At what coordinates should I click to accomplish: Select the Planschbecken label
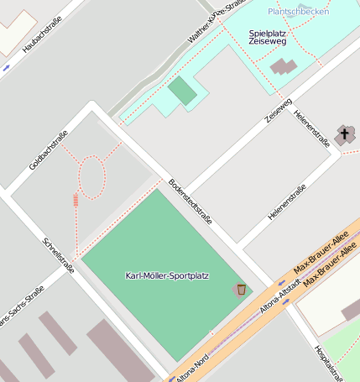pyautogui.click(x=299, y=11)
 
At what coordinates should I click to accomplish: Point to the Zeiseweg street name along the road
pyautogui.click(x=279, y=110)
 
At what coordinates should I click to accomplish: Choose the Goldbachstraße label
pyautogui.click(x=48, y=150)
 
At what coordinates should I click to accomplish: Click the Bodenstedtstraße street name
pyautogui.click(x=190, y=201)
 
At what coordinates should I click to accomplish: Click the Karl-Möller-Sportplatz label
pyautogui.click(x=167, y=275)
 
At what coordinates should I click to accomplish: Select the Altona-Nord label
pyautogui.click(x=191, y=364)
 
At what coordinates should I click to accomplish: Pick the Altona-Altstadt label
pyautogui.click(x=280, y=301)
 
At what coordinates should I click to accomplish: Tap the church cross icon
pyautogui.click(x=344, y=133)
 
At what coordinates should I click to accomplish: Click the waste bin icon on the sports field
pyautogui.click(x=241, y=289)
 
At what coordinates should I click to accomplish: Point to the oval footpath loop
pyautogui.click(x=91, y=178)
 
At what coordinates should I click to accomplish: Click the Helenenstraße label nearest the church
pyautogui.click(x=311, y=130)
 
